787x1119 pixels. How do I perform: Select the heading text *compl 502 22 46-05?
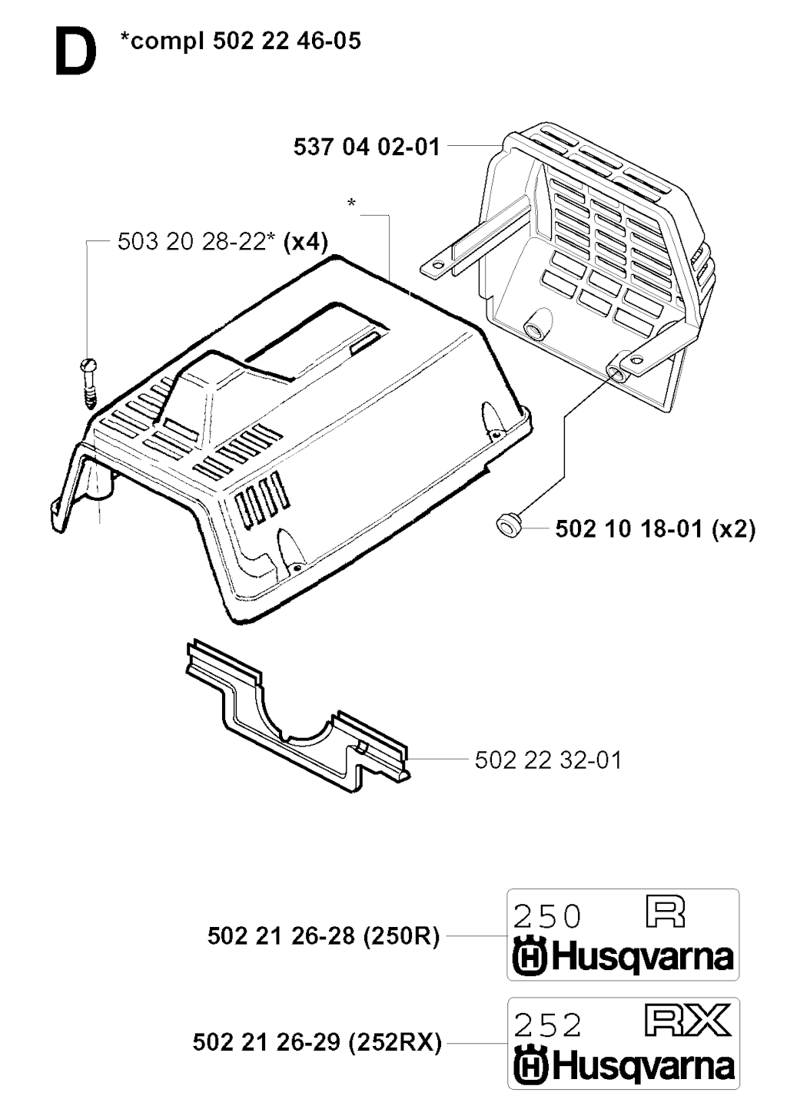[x=240, y=41]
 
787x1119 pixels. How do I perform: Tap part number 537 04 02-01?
[x=367, y=147]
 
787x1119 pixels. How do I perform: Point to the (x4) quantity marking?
[x=305, y=242]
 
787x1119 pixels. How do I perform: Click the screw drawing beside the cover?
[x=89, y=384]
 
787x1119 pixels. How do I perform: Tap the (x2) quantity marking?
[x=732, y=529]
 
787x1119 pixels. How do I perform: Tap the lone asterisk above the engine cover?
[x=352, y=204]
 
